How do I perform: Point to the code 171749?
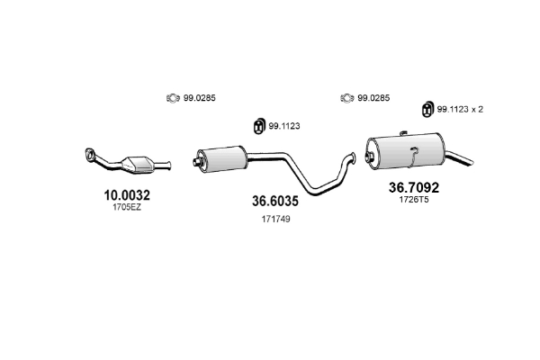click(275, 219)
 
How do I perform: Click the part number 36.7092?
click(415, 188)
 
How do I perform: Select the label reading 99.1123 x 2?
click(461, 109)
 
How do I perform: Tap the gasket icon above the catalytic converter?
click(171, 98)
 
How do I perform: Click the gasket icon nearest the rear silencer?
click(346, 98)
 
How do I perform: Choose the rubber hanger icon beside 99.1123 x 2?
click(427, 110)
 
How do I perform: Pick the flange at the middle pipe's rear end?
click(355, 159)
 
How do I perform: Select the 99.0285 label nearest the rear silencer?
click(373, 98)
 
